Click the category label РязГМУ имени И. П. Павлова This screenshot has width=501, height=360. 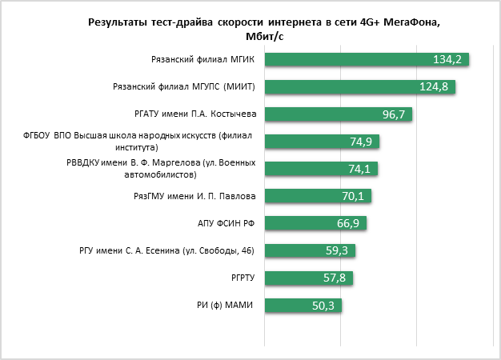pyautogui.click(x=194, y=196)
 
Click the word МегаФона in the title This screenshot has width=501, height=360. pyautogui.click(x=409, y=22)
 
